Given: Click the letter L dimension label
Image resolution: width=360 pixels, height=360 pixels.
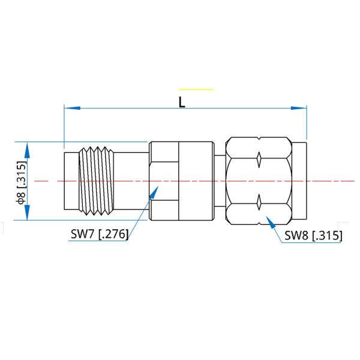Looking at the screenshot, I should (x=182, y=101).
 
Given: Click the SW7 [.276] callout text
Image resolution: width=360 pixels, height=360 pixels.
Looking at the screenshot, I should (x=99, y=235).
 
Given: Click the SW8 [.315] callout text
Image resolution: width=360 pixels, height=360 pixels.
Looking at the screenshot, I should (x=313, y=236).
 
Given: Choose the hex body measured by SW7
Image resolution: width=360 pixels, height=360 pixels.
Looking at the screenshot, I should (x=180, y=180).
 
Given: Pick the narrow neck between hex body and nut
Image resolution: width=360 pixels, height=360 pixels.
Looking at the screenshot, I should (x=220, y=180).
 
